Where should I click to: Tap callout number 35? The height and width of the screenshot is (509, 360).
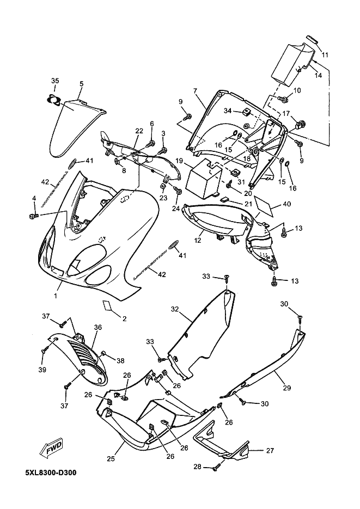pyautogui.click(x=54, y=81)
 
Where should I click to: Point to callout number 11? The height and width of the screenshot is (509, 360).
pyautogui.click(x=325, y=55)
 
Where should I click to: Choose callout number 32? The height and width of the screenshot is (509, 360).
pyautogui.click(x=175, y=309)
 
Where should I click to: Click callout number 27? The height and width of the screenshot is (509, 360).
pyautogui.click(x=270, y=450)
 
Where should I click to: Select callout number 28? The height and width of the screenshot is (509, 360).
pyautogui.click(x=198, y=467)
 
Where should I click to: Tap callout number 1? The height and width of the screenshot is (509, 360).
pyautogui.click(x=55, y=295)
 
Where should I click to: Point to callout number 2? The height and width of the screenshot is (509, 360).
pyautogui.click(x=124, y=318)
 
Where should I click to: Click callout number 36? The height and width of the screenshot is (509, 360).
pyautogui.click(x=98, y=327)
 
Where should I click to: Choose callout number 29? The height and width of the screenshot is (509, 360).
pyautogui.click(x=286, y=388)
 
